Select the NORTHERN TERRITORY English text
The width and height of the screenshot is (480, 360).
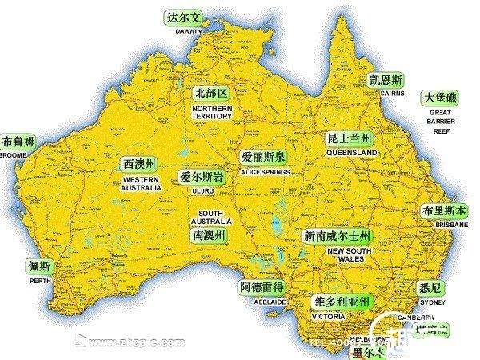point(212,111)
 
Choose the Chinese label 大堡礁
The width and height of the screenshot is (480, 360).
point(442,98)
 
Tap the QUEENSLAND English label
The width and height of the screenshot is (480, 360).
point(352,151)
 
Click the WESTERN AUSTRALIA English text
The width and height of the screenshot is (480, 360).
point(142,184)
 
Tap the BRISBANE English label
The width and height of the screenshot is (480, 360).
point(451,226)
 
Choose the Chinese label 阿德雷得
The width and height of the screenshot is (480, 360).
point(261,287)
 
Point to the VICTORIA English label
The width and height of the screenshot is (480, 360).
point(328,316)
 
